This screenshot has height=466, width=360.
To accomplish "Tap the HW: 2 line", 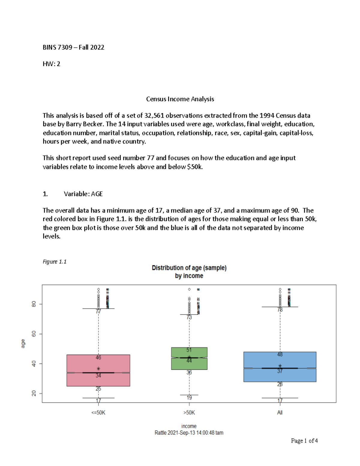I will [x=51, y=64].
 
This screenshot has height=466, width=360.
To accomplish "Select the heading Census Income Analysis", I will [x=180, y=99].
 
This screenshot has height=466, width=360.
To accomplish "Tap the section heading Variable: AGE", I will [x=83, y=194].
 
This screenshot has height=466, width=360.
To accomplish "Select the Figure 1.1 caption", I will [x=54, y=262].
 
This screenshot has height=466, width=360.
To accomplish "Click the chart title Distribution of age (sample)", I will [x=189, y=268].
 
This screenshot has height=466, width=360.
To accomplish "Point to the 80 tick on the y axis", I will [x=34, y=304].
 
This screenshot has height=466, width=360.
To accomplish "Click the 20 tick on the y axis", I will [x=34, y=393].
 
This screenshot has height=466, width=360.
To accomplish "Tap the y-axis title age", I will [x=23, y=344].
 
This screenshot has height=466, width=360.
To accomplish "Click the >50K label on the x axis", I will [x=189, y=413].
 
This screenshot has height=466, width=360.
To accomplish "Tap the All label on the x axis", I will [x=280, y=413].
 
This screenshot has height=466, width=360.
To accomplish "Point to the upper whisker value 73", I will [x=189, y=317].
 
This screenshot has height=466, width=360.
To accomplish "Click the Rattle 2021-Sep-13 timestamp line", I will [x=189, y=433].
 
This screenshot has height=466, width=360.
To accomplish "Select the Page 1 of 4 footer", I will [x=304, y=441].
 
